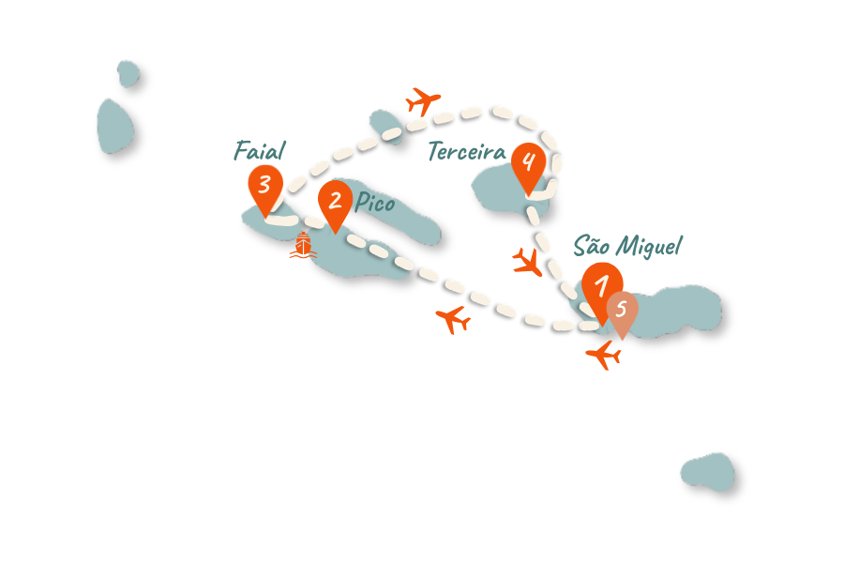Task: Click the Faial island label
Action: click(260, 150)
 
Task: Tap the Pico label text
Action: click(374, 203)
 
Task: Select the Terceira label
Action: click(466, 151)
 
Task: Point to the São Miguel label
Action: click(627, 247)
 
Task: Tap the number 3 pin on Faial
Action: click(265, 185)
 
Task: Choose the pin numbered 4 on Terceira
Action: click(528, 163)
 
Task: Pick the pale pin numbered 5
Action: click(622, 311)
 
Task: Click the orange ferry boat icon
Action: click(302, 247)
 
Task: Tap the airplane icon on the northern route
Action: click(423, 99)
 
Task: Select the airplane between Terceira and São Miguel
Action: click(528, 262)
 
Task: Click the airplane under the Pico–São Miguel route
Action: click(454, 320)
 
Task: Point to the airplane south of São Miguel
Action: click(604, 355)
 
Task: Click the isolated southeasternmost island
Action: click(709, 472)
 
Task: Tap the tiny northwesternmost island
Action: click(128, 72)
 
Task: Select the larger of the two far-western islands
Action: click(114, 126)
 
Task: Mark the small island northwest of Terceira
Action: click(384, 125)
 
